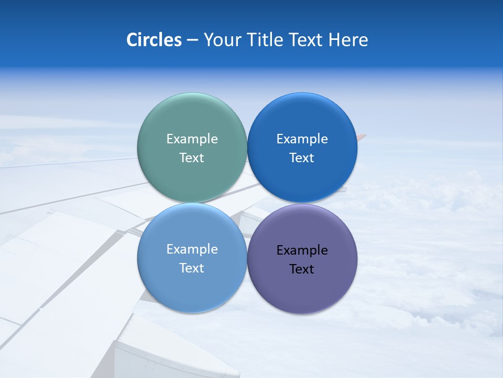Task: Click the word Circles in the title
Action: tap(154, 40)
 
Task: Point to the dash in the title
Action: tap(192, 40)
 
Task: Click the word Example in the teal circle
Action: tap(192, 139)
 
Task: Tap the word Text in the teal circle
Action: tap(192, 158)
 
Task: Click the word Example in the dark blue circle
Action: tap(302, 139)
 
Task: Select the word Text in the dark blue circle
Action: tap(302, 158)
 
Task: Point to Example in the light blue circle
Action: tap(192, 249)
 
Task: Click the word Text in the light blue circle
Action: tap(192, 268)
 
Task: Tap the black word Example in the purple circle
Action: tap(302, 250)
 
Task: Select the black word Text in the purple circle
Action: tap(302, 269)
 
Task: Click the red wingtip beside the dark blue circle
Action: tap(362, 138)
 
